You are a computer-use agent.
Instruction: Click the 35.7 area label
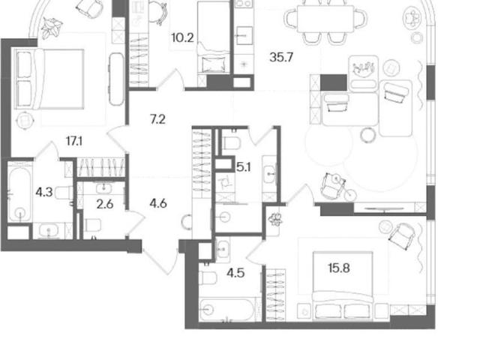[x=281, y=57]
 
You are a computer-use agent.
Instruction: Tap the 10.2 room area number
[x=182, y=38]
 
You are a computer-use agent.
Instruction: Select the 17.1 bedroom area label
[x=74, y=142]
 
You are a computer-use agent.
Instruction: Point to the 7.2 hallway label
[x=157, y=119]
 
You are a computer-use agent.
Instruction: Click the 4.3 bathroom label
[x=44, y=193]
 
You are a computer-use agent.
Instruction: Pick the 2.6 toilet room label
[x=105, y=204]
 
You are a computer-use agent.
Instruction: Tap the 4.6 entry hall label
[x=158, y=203]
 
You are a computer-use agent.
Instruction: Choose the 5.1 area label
[x=244, y=167]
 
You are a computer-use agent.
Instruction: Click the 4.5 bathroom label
[x=235, y=272]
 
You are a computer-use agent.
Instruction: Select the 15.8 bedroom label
[x=339, y=268]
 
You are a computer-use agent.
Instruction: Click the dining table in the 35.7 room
[x=325, y=18]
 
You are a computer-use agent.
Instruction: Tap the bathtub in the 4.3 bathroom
[x=19, y=193]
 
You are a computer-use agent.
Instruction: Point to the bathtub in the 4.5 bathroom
[x=226, y=309]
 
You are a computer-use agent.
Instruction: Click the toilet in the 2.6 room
[x=93, y=225]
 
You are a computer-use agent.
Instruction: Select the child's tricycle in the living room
[x=338, y=187]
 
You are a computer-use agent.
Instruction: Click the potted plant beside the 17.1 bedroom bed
[x=52, y=28]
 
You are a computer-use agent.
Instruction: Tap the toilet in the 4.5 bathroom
[x=208, y=278]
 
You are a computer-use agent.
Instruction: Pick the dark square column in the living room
[x=333, y=82]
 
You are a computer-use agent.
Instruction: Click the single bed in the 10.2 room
[x=214, y=37]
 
